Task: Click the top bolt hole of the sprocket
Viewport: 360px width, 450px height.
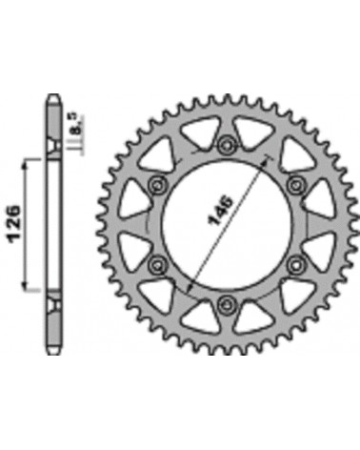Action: pos(226,144)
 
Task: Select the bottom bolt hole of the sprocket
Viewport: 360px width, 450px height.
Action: pos(226,302)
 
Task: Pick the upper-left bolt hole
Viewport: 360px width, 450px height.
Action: pos(157,183)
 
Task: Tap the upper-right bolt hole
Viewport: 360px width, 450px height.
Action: pos(293,183)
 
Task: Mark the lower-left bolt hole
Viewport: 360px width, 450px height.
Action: pos(157,262)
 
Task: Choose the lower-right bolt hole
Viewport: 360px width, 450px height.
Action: pos(293,262)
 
